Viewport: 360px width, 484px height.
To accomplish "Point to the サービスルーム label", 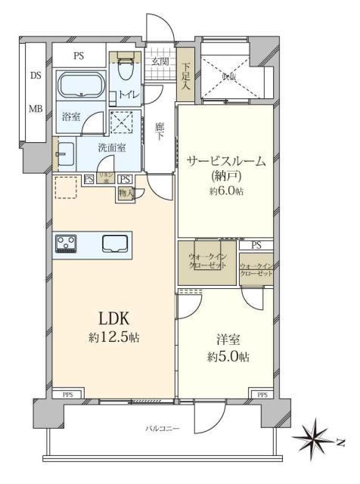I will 225,160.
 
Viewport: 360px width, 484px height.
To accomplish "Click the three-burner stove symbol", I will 66,243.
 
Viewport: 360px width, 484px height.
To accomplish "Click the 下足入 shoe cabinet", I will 185,76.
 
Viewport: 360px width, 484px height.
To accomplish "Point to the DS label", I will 36,76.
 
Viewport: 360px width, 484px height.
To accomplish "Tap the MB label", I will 36,109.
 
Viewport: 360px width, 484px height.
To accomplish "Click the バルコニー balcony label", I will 163,429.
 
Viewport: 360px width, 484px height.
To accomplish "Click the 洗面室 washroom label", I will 112,148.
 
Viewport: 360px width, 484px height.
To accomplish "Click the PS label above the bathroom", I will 79,55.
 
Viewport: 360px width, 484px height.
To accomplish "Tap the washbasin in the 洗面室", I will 64,154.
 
